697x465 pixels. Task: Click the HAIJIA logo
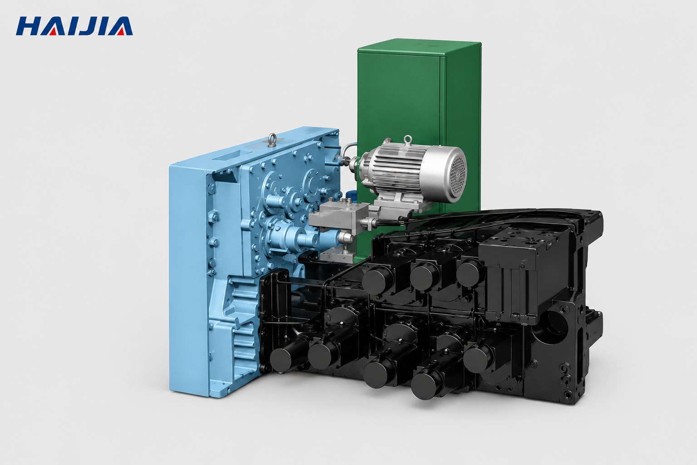(74, 26)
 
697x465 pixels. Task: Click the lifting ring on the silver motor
(407, 141)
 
